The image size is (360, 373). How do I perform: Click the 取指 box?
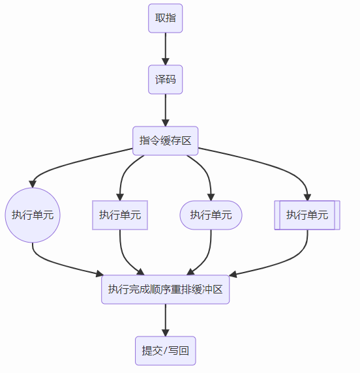click(166, 18)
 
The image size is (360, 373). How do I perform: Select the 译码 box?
click(166, 80)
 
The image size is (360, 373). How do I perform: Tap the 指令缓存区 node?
click(166, 141)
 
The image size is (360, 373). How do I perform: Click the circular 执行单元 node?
click(33, 215)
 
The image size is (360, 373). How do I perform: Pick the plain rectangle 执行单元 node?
click(120, 215)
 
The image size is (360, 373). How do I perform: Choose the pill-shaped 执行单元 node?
click(211, 215)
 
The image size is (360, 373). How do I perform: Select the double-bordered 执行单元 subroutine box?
click(307, 215)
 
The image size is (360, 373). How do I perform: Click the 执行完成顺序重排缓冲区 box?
click(166, 290)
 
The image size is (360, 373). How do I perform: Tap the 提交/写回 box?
click(166, 351)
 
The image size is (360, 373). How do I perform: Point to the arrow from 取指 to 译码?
click(166, 49)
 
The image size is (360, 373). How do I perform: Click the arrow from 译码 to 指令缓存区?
click(166, 110)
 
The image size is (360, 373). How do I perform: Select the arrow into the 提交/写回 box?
click(166, 320)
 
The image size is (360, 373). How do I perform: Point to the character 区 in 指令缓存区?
click(187, 141)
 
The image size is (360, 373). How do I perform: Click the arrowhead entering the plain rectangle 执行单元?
click(120, 197)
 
